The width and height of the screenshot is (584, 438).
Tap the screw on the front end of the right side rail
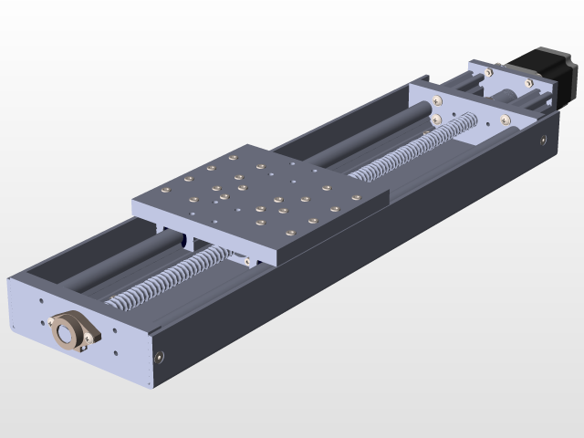(x=161, y=356)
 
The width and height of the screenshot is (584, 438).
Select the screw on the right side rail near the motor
(x=544, y=141)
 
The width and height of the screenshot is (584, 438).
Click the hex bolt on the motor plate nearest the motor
(x=529, y=82)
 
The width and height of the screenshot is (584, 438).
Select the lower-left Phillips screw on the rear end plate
(x=436, y=119)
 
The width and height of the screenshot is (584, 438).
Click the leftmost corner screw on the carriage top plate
(x=167, y=189)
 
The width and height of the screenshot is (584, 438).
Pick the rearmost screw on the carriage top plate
(x=262, y=167)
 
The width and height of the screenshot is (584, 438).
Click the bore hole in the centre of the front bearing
(x=68, y=332)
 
